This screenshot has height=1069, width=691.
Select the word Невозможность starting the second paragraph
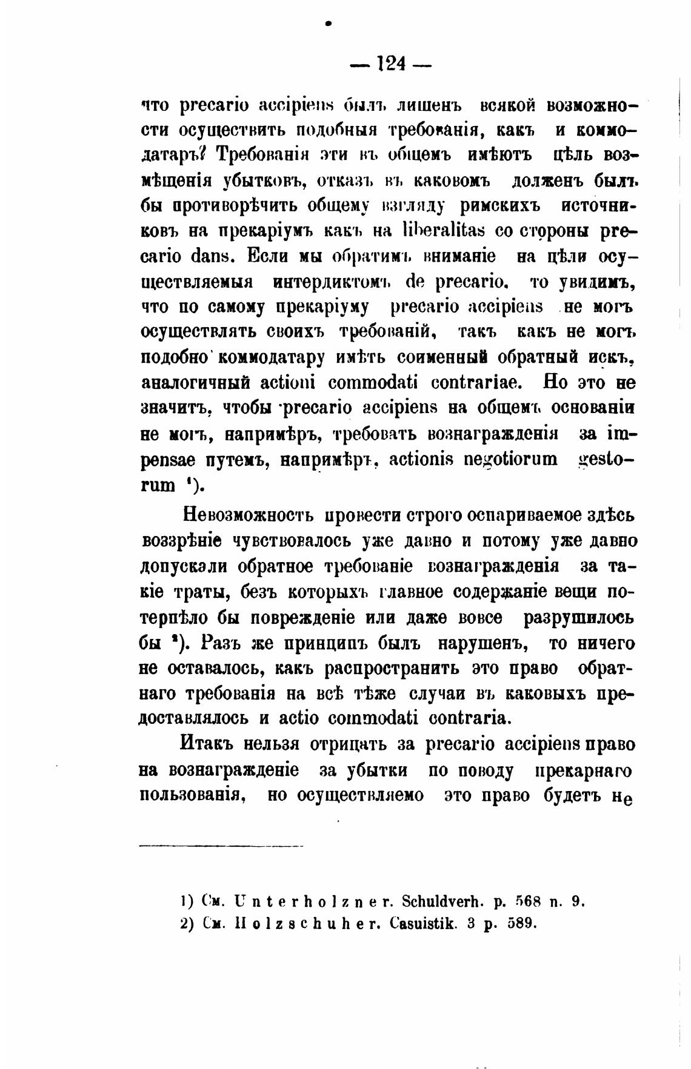click(249, 515)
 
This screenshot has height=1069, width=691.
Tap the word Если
click(269, 257)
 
